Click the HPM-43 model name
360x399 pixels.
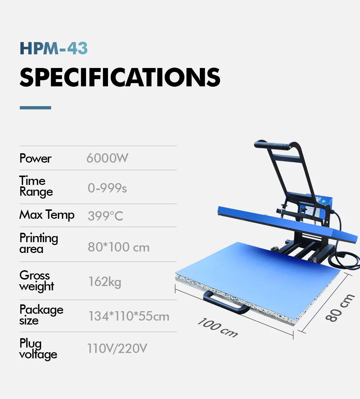(x=54, y=48)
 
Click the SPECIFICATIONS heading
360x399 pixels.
(x=120, y=77)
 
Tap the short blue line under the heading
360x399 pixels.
(x=35, y=108)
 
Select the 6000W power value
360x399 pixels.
(x=107, y=158)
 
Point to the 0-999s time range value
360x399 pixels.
(x=107, y=188)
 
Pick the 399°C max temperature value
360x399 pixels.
(x=105, y=216)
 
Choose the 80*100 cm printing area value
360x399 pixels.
(x=119, y=247)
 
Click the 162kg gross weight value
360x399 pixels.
(x=105, y=282)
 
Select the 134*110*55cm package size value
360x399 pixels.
(x=129, y=316)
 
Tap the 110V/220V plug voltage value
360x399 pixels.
(x=117, y=348)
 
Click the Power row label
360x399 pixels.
(x=35, y=158)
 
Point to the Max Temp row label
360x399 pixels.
(x=47, y=214)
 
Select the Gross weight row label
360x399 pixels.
(x=37, y=281)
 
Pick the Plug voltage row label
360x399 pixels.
(x=38, y=349)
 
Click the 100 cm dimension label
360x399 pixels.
(x=218, y=327)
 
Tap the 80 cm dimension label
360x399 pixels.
(x=340, y=308)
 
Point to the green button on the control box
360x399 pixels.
(x=324, y=202)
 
